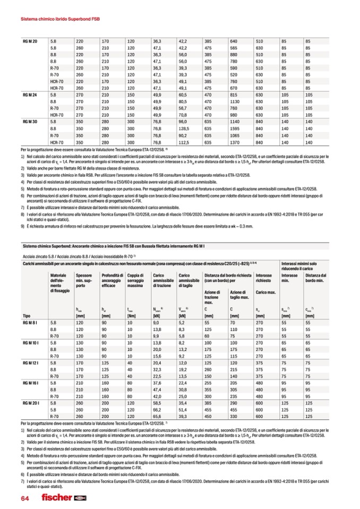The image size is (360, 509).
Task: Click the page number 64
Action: pyautogui.click(x=25, y=497)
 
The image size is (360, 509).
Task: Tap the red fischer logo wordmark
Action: pyautogui.click(x=57, y=497)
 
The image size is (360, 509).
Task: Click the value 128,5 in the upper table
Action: pyautogui.click(x=184, y=129)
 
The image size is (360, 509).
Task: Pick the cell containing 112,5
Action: pyautogui.click(x=184, y=142)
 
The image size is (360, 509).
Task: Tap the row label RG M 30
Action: pyautogui.click(x=30, y=122)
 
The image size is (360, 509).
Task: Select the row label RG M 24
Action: pyautogui.click(x=30, y=94)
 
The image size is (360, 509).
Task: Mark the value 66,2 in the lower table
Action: pyautogui.click(x=157, y=411)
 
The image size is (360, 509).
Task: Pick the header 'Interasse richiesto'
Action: pyautogui.click(x=264, y=279)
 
